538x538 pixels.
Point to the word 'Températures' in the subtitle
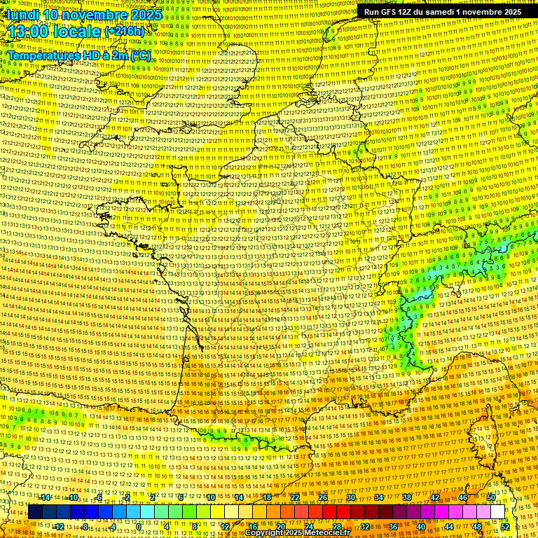click(x=43, y=55)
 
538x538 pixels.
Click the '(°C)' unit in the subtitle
click(x=139, y=55)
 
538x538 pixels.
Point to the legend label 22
click(x=295, y=497)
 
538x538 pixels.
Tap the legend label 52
click(x=505, y=527)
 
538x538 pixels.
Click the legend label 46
click(x=463, y=497)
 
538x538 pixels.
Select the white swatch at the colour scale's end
click(x=497, y=512)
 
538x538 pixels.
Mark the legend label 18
click(x=267, y=497)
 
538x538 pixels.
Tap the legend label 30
click(x=351, y=497)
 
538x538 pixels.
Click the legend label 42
click(x=435, y=497)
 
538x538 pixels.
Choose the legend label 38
click(x=407, y=497)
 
